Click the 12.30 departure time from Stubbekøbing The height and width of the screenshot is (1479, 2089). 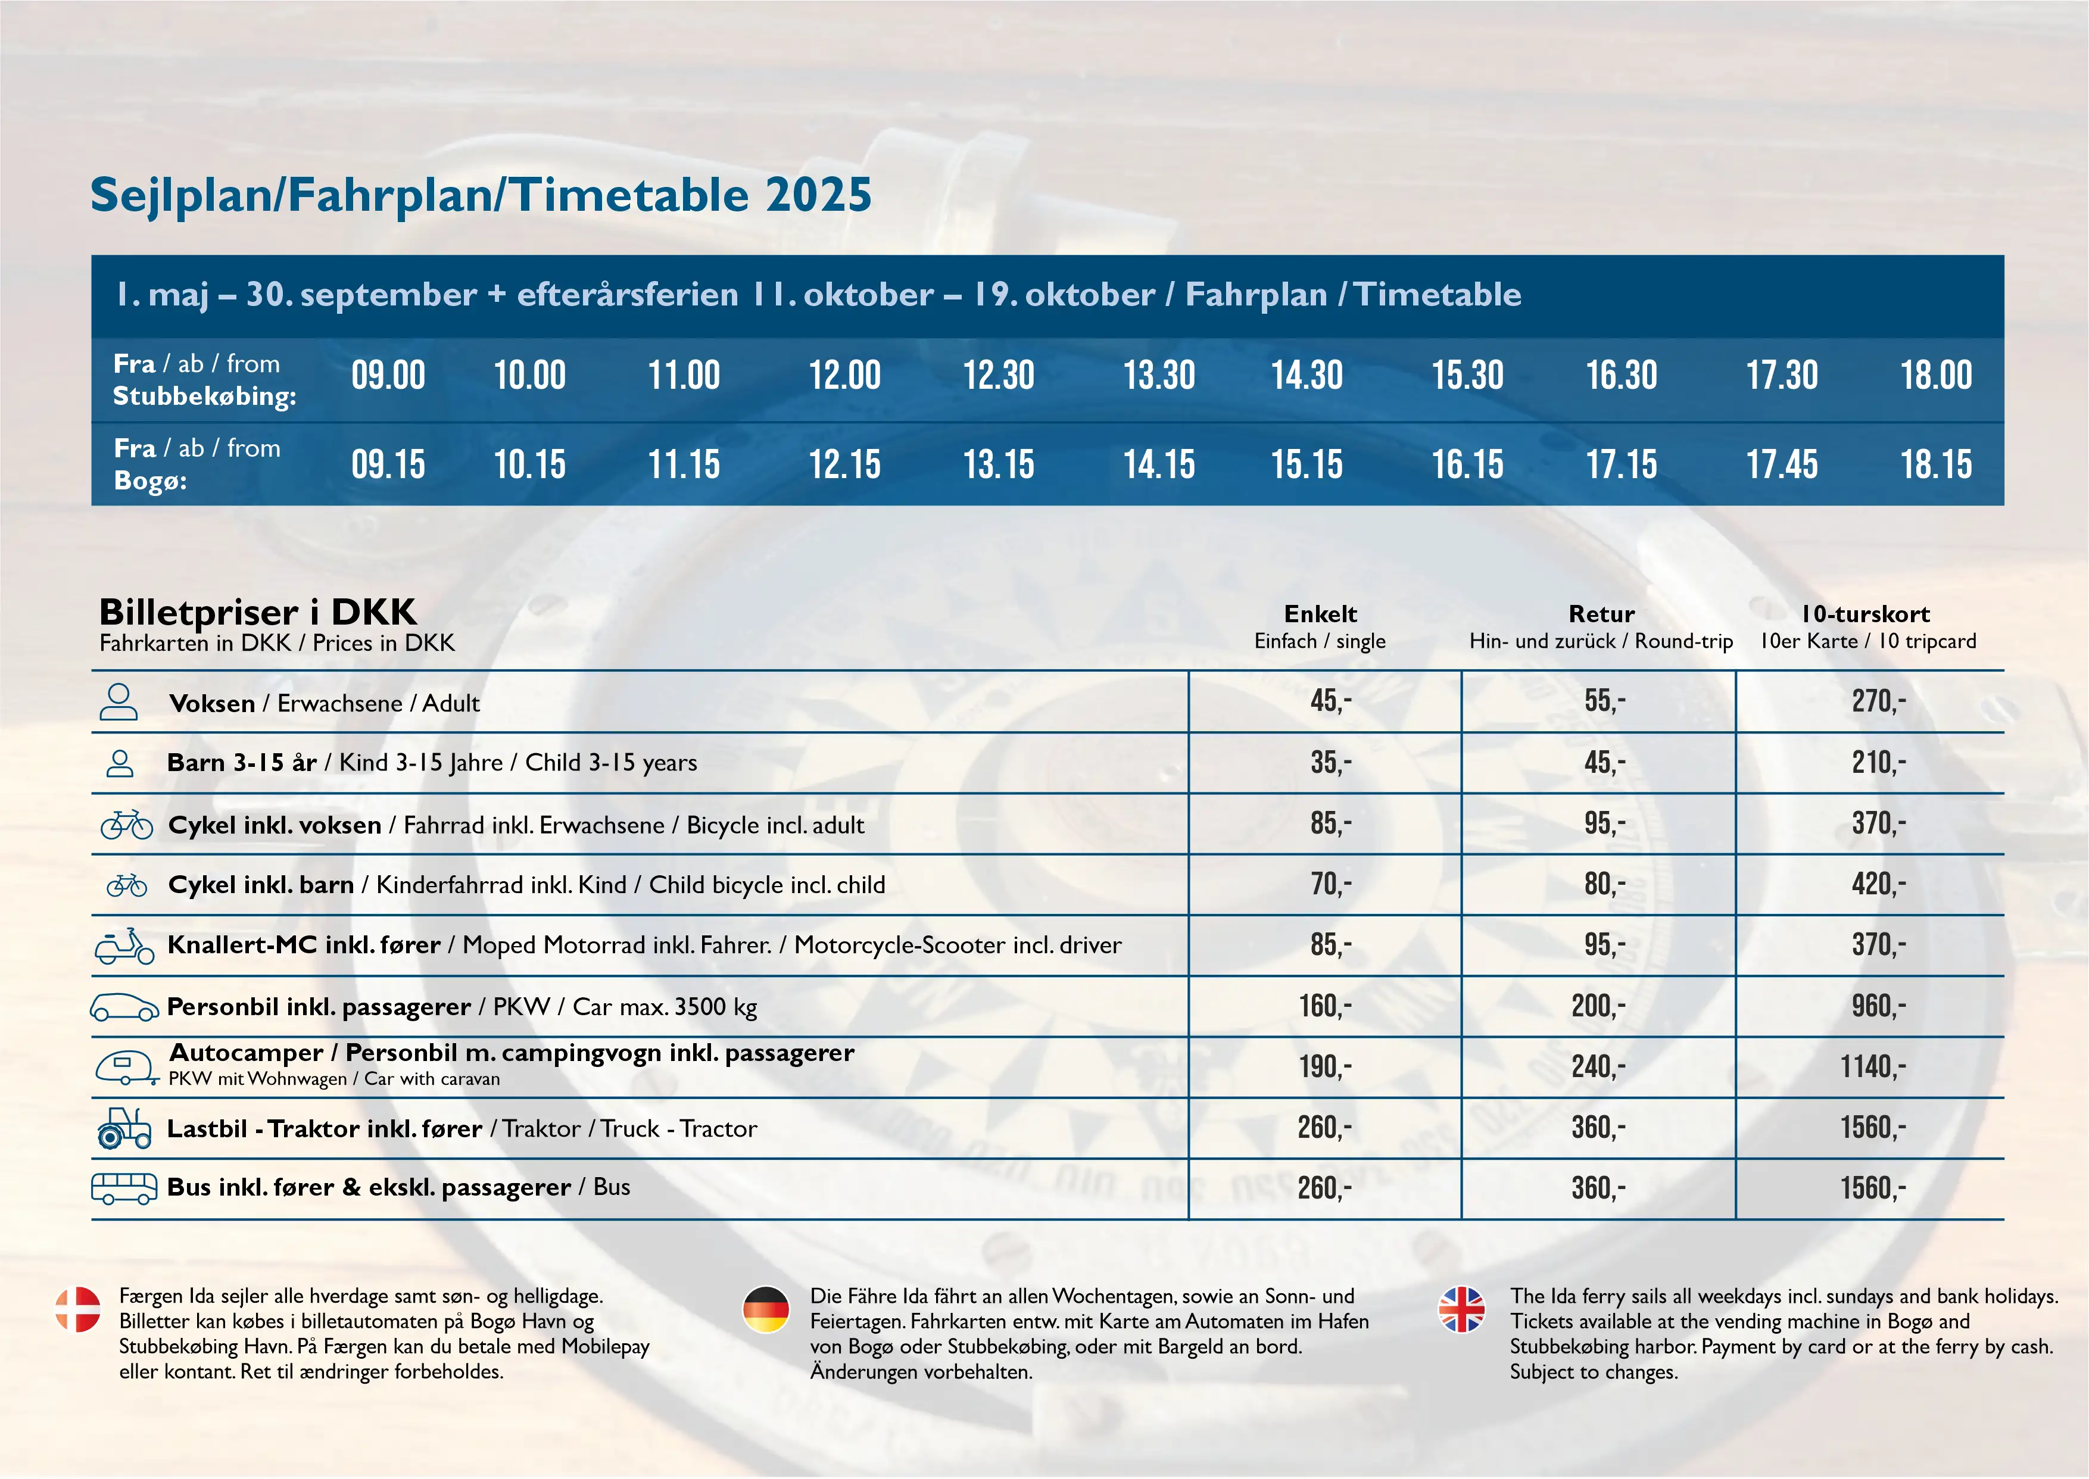click(x=999, y=375)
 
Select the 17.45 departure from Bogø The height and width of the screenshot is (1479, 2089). click(x=1781, y=464)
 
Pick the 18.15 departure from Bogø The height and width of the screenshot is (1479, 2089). click(x=1935, y=464)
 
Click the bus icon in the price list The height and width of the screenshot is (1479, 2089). click(x=124, y=1188)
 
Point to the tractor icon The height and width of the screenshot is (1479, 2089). click(x=124, y=1128)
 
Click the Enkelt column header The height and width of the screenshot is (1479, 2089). click(x=1320, y=614)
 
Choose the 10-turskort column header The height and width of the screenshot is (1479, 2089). click(x=1866, y=614)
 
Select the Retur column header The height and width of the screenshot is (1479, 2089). click(x=1601, y=614)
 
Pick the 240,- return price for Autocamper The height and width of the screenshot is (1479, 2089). click(x=1598, y=1066)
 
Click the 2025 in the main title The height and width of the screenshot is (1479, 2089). click(x=819, y=195)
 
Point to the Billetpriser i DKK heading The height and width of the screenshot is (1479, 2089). click(x=258, y=612)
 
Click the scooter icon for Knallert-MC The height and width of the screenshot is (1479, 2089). click(x=125, y=946)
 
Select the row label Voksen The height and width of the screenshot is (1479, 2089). click(x=212, y=703)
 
